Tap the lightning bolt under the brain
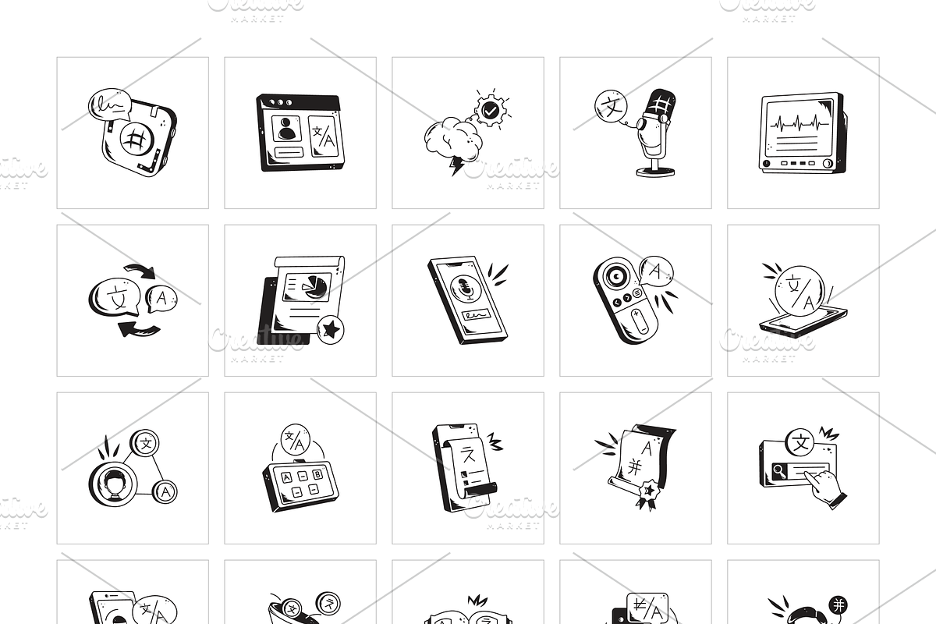click(456, 165)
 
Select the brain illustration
click(452, 139)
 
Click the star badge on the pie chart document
click(331, 330)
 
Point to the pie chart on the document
click(316, 286)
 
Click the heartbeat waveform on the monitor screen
click(799, 123)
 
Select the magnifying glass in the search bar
click(779, 470)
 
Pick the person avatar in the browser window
click(286, 128)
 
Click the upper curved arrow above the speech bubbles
click(140, 271)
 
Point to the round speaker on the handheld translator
click(613, 276)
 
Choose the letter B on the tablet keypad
click(317, 473)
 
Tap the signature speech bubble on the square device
click(109, 104)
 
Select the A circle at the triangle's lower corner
click(165, 491)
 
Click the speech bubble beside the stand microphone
click(610, 107)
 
